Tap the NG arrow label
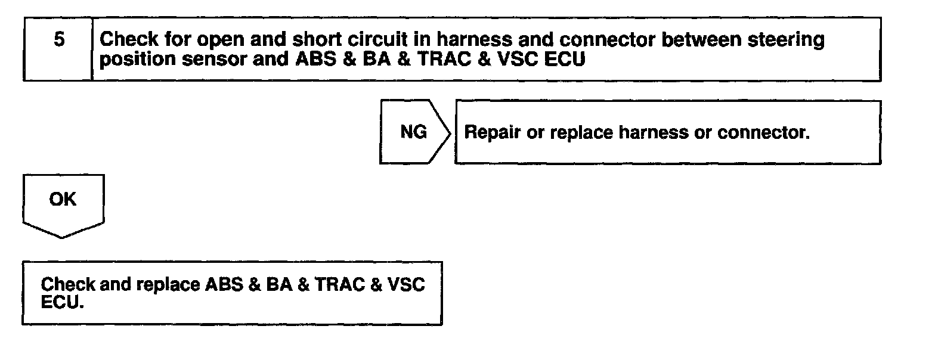[413, 132]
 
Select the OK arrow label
[63, 199]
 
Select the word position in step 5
[133, 61]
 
